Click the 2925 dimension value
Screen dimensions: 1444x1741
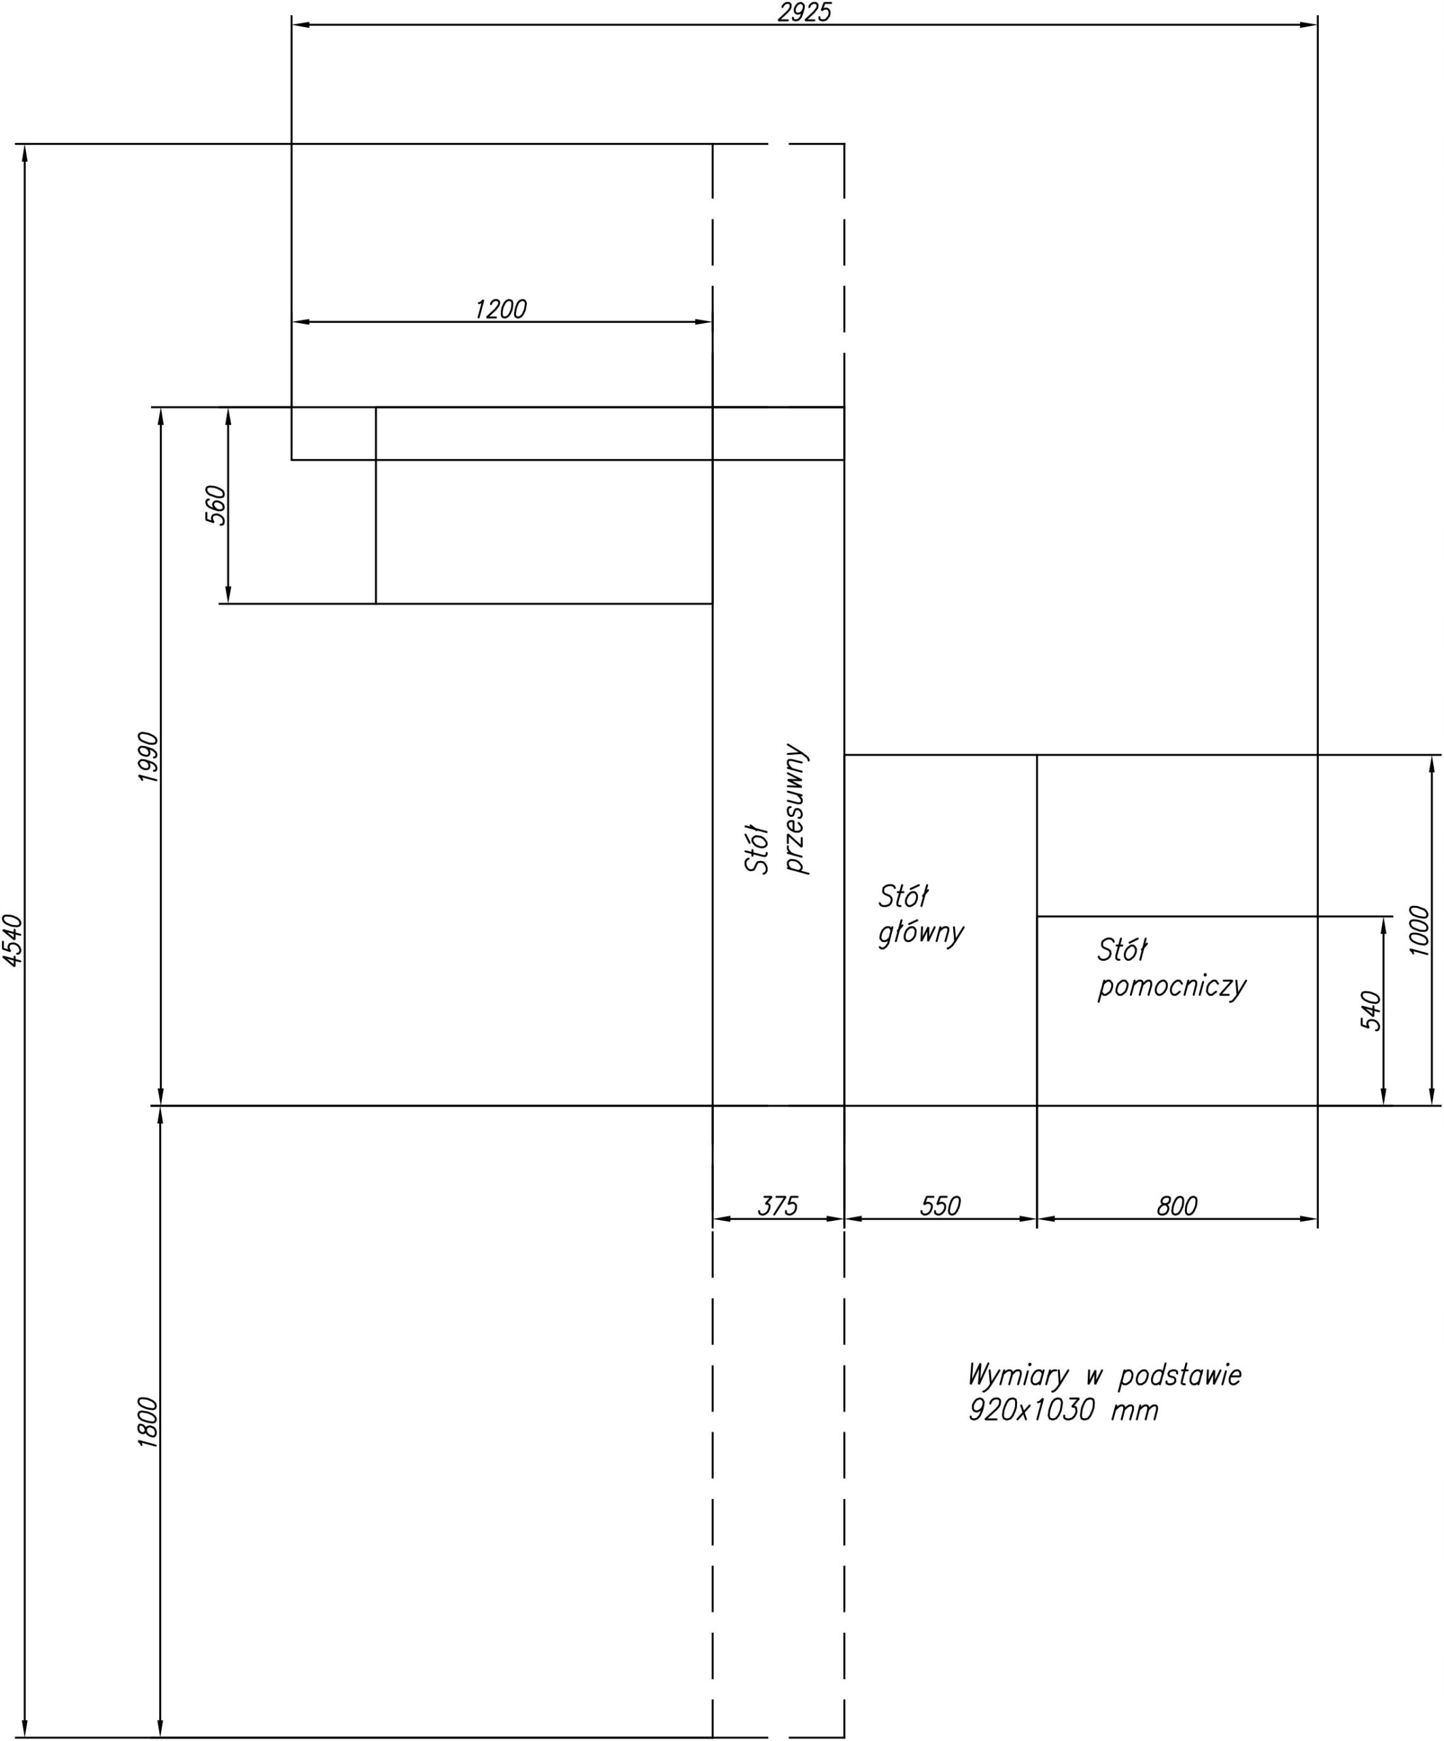click(x=804, y=12)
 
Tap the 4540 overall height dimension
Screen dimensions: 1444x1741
click(x=14, y=940)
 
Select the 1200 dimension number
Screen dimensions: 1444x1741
click(x=500, y=309)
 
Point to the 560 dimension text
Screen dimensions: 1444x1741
click(x=215, y=505)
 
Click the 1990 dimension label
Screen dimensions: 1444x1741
click(x=148, y=756)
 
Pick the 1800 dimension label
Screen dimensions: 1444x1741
click(x=148, y=1423)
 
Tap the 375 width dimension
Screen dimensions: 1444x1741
click(x=778, y=1205)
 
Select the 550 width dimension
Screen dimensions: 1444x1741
click(x=940, y=1205)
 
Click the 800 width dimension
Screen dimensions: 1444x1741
click(x=1177, y=1205)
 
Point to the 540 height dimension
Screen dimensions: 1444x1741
click(x=1371, y=1011)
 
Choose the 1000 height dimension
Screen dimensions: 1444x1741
click(x=1420, y=930)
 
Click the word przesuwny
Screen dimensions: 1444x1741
click(x=796, y=809)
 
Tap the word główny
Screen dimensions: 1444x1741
click(x=921, y=934)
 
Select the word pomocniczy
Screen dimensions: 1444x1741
click(x=1172, y=987)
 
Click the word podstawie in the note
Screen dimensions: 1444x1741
click(x=1180, y=1376)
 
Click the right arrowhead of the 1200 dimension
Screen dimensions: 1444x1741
click(x=703, y=322)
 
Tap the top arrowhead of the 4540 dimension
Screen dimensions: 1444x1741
click(x=25, y=154)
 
